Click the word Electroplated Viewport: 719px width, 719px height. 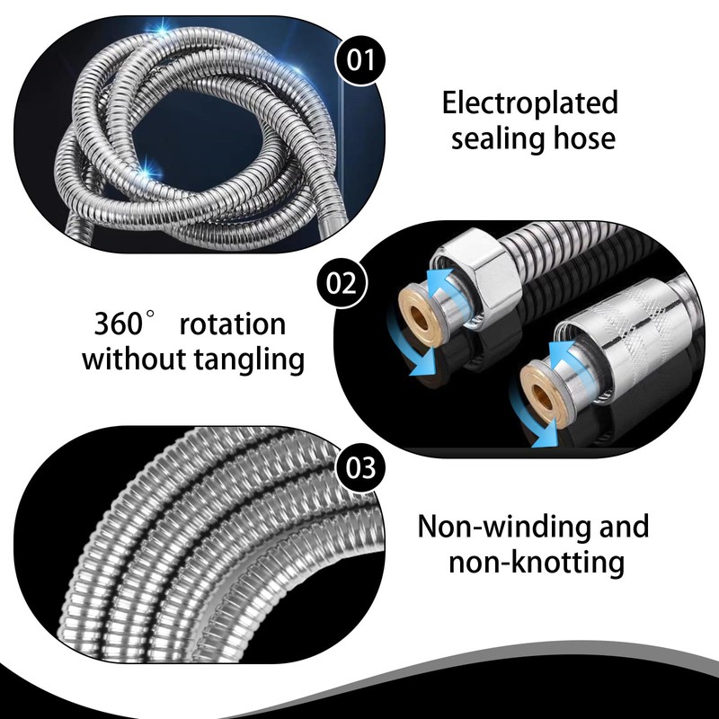(530, 103)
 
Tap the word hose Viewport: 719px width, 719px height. (583, 139)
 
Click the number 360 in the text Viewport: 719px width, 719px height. (120, 324)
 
